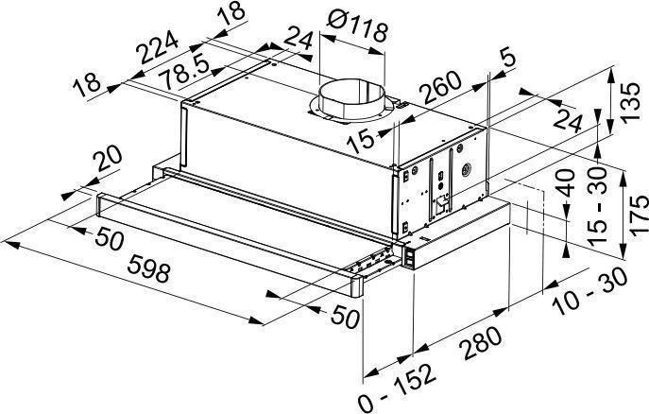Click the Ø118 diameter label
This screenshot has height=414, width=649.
357,26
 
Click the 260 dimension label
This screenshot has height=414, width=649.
440,88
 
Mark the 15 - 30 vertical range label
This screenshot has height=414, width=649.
597,207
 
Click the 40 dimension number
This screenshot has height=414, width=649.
565,182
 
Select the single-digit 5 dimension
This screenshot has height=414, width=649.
509,59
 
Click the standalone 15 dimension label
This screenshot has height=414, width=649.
361,142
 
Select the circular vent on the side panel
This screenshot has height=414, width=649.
466,169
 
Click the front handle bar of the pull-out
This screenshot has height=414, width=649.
230,244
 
